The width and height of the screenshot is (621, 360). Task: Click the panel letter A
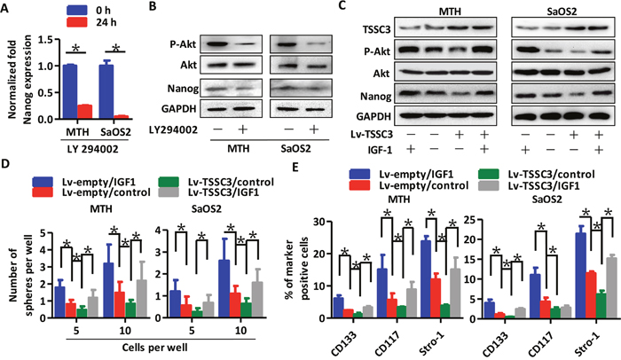click(4, 8)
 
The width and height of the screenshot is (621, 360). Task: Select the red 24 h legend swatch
click(77, 22)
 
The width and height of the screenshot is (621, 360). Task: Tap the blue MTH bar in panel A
click(70, 91)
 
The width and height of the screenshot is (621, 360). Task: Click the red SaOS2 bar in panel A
click(122, 117)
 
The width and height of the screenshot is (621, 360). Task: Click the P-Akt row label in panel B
click(183, 44)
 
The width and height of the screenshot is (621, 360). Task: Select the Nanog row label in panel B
click(183, 89)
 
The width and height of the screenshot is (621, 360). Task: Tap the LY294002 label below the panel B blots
click(174, 129)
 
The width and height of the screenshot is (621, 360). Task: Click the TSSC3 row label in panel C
click(376, 30)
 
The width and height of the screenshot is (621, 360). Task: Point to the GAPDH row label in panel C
click(373, 116)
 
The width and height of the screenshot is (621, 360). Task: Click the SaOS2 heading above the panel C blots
click(562, 12)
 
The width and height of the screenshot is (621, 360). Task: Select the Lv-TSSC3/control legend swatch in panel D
click(168, 182)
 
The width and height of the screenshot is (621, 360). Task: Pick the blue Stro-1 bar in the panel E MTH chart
click(426, 278)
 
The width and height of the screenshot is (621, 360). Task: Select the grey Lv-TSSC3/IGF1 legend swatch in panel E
click(488, 185)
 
